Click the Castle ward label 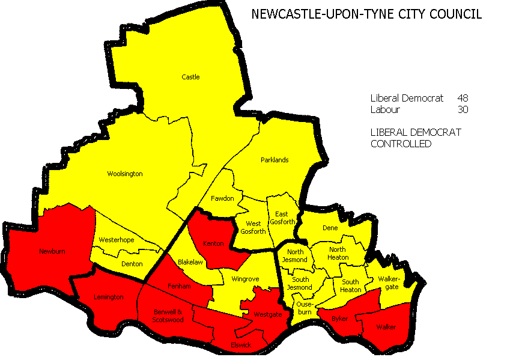point(190,77)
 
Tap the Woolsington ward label point(124,174)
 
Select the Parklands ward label point(275,160)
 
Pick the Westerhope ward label point(116,240)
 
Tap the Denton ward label point(132,264)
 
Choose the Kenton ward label point(213,243)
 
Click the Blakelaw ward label point(191,262)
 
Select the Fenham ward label point(179,286)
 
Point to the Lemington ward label point(108,297)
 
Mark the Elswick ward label point(241,345)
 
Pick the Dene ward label point(330,228)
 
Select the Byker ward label point(340,318)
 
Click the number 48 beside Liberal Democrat point(462,98)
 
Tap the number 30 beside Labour point(462,110)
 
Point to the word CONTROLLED point(401,144)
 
